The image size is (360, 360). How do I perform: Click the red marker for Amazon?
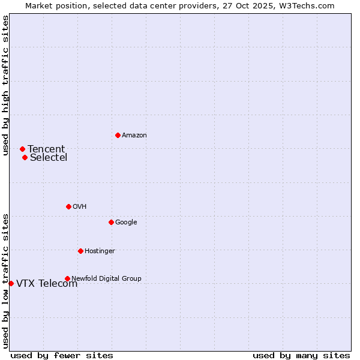point(118,135)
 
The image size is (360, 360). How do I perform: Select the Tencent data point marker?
point(22,149)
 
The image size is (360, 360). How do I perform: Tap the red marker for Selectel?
point(25,158)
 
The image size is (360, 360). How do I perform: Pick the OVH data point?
point(68,206)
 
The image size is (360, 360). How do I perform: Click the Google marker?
point(111,222)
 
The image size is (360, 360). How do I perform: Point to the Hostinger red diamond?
point(80,251)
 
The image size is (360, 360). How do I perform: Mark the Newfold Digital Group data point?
point(67,278)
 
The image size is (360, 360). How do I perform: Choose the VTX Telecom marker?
point(11,283)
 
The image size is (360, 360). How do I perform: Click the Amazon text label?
point(134,135)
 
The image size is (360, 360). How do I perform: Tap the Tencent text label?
point(46,149)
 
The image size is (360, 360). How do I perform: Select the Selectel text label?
point(49,158)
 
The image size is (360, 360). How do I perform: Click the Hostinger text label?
point(100,251)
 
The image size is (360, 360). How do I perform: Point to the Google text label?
point(126,222)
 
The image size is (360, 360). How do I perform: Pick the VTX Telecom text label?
point(47,284)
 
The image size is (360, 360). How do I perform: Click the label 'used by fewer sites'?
point(62,355)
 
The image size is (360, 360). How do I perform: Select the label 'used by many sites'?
point(301,355)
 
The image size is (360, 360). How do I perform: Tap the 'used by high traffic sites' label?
point(5,85)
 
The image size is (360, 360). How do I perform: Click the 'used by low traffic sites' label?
point(5,281)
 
